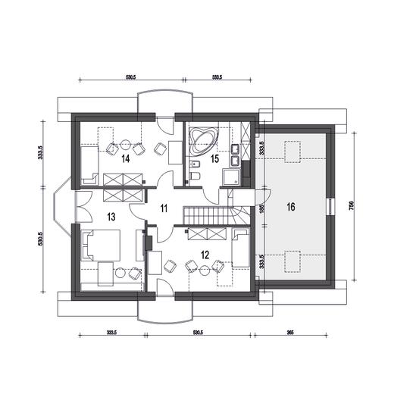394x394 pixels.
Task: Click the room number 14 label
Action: coord(126,159)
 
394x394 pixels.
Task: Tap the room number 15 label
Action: coord(214,159)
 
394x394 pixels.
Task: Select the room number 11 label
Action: coord(164,208)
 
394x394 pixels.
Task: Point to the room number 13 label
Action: coord(111,217)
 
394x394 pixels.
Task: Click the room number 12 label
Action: coord(205,255)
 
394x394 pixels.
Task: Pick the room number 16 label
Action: coord(291,207)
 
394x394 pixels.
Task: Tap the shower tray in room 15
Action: coord(230,177)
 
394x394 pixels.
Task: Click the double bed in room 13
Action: coord(100,245)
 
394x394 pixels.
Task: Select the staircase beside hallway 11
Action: coord(214,215)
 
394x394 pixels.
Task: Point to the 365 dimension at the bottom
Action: coord(290,333)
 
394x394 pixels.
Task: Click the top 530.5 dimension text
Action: coord(131,77)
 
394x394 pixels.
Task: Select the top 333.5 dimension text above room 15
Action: coord(217,77)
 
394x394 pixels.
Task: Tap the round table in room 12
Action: coord(205,271)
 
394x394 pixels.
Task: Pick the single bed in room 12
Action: coord(241,248)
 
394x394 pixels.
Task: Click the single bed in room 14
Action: coord(89,165)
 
